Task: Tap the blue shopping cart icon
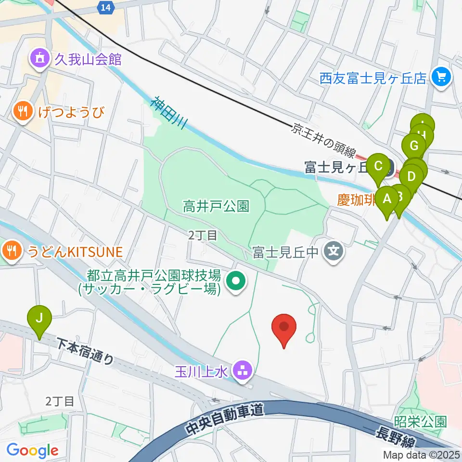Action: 441,77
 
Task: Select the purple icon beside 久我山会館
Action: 39,60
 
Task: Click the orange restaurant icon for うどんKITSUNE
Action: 11,250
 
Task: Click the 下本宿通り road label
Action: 86,351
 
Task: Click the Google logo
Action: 32,450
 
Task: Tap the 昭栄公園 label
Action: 420,422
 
